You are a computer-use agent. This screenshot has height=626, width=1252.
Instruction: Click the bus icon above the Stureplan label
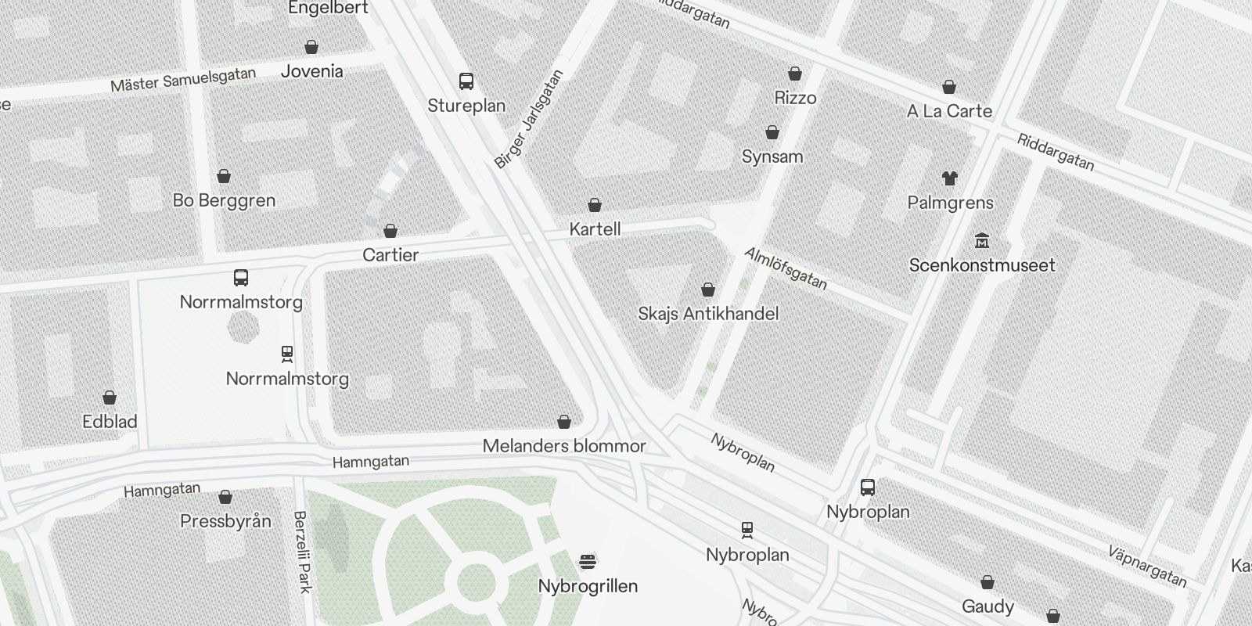pyautogui.click(x=466, y=81)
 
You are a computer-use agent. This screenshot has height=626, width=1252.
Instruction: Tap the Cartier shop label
pyautogui.click(x=390, y=255)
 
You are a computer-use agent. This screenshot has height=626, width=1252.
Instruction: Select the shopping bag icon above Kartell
pyautogui.click(x=595, y=206)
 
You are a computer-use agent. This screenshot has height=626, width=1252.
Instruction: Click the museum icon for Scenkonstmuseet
pyautogui.click(x=982, y=240)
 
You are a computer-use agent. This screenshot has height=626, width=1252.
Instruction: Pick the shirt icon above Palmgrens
pyautogui.click(x=950, y=178)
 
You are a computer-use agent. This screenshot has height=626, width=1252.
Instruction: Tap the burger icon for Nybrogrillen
pyautogui.click(x=588, y=561)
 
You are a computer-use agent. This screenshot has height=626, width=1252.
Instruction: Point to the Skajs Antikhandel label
pyautogui.click(x=708, y=314)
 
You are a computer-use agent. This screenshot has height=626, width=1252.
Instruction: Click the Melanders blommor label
pyautogui.click(x=564, y=446)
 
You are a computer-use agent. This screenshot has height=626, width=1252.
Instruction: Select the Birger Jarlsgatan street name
pyautogui.click(x=529, y=120)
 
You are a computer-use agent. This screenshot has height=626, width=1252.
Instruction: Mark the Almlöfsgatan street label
pyautogui.click(x=785, y=268)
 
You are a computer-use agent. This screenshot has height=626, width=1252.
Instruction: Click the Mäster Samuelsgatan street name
pyautogui.click(x=183, y=79)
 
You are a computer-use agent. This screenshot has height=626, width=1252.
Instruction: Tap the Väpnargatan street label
pyautogui.click(x=1147, y=566)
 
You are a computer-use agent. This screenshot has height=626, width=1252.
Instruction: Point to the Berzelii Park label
pyautogui.click(x=302, y=552)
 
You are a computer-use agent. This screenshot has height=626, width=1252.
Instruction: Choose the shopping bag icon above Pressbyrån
pyautogui.click(x=225, y=497)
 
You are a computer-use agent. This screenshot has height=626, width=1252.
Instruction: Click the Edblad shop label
pyautogui.click(x=110, y=422)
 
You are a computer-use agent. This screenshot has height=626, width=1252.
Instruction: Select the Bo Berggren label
pyautogui.click(x=224, y=200)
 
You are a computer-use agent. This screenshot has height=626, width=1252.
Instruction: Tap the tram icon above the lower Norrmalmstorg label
pyautogui.click(x=287, y=354)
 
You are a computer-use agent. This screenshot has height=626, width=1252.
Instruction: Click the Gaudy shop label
pyautogui.click(x=988, y=606)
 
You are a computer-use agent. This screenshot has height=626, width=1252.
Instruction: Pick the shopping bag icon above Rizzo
pyautogui.click(x=795, y=74)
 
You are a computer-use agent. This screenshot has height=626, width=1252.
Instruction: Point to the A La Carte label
pyautogui.click(x=949, y=111)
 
